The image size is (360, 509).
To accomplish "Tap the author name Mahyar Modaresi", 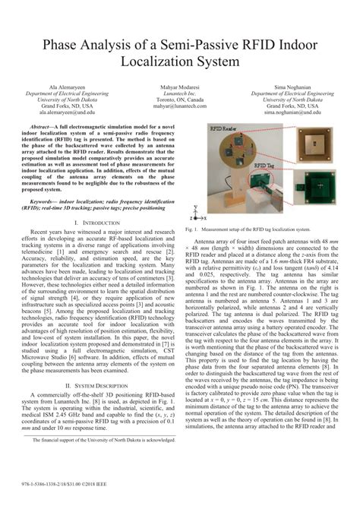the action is point(180,88).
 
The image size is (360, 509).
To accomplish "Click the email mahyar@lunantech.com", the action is point(180,106).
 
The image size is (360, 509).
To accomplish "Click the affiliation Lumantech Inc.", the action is point(180,94).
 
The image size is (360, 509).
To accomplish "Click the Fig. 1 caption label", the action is point(191,229).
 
